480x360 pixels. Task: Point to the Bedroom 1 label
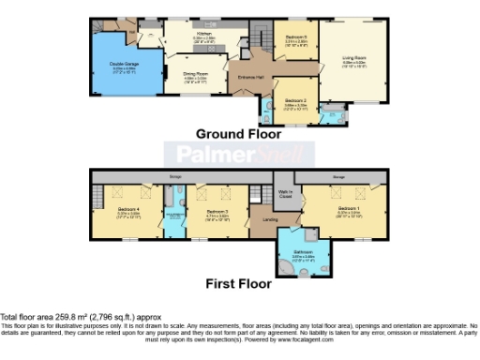(x=347, y=206)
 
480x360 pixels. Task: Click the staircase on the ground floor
(x=249, y=39)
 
